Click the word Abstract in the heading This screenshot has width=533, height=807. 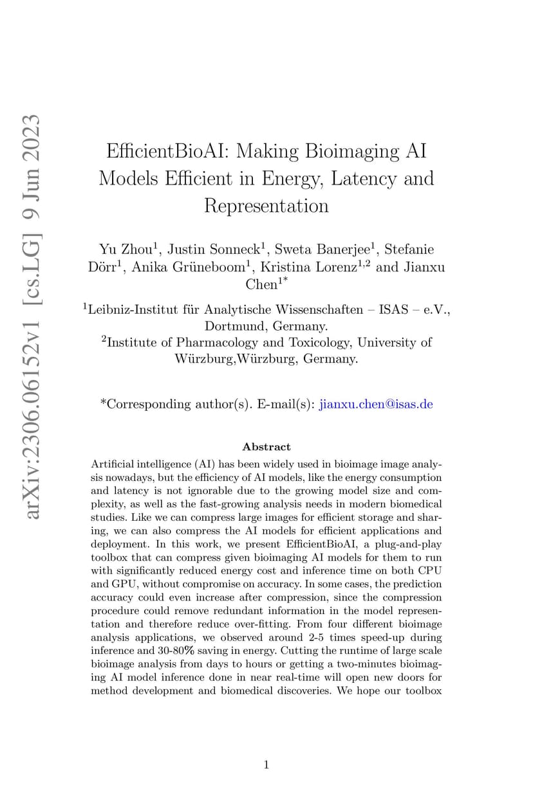coord(266,446)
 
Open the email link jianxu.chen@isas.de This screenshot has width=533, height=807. coord(376,404)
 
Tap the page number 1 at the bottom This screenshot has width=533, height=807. coord(266,765)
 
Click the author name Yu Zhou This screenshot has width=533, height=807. coord(124,249)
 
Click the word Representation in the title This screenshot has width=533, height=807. coord(266,206)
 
